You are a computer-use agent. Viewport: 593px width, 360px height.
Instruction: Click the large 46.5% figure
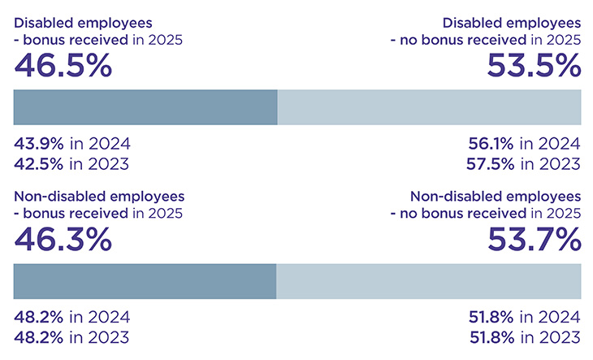pos(63,67)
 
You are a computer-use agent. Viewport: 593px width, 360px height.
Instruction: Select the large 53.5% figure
pos(534,67)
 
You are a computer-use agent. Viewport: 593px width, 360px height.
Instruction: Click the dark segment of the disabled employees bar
pos(146,107)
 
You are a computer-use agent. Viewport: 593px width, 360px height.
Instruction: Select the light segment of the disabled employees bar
pos(429,107)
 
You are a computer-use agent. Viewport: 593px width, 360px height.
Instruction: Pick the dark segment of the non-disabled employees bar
pos(145,281)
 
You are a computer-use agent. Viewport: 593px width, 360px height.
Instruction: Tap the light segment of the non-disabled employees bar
pos(428,281)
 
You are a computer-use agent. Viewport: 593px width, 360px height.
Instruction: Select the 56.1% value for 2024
pos(491,144)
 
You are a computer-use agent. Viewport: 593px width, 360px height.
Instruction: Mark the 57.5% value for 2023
pos(491,163)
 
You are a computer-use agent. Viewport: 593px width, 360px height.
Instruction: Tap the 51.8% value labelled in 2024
pos(491,318)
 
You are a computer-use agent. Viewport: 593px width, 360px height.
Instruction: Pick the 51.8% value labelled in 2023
pos(491,337)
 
